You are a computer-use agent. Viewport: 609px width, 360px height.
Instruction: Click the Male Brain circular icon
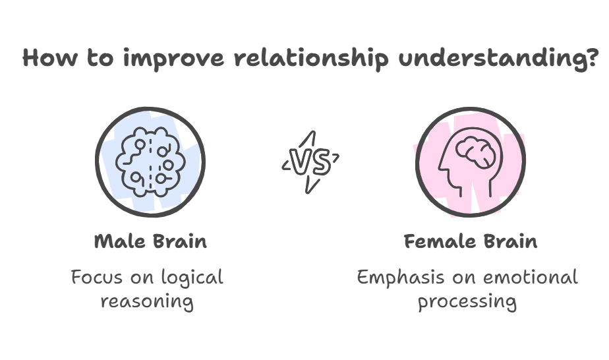(x=151, y=162)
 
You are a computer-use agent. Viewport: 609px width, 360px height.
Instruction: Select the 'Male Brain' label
(x=151, y=241)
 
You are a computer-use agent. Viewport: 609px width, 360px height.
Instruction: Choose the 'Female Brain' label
(x=470, y=241)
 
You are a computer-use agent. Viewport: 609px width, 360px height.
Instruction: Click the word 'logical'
(x=192, y=278)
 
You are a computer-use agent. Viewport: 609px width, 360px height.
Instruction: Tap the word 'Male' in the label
(x=119, y=241)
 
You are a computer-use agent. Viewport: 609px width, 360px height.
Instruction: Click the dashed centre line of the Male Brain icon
(x=151, y=162)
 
